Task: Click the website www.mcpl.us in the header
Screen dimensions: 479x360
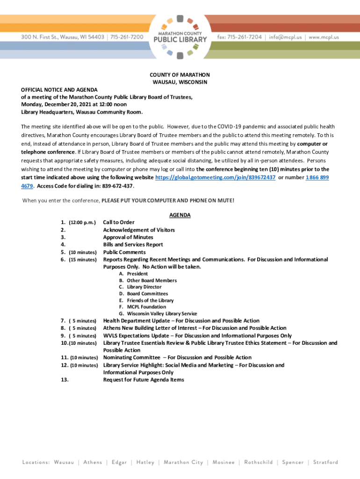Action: pos(324,37)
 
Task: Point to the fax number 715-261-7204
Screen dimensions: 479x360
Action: pos(240,37)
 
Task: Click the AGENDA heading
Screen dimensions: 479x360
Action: pos(180,215)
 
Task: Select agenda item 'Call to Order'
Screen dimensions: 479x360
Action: pos(119,222)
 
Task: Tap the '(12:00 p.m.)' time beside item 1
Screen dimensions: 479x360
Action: pos(82,223)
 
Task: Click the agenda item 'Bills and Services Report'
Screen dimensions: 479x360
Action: pos(133,245)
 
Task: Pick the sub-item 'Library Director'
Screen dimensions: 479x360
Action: pos(144,287)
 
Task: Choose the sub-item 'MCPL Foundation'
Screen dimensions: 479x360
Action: pos(146,307)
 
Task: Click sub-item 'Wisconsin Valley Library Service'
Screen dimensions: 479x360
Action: pos(162,314)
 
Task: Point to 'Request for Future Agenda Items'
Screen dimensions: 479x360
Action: pos(144,380)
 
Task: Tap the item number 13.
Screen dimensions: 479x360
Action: pos(65,380)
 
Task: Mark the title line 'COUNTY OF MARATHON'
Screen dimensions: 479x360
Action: pos(180,75)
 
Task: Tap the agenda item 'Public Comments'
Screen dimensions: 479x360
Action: pos(124,252)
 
